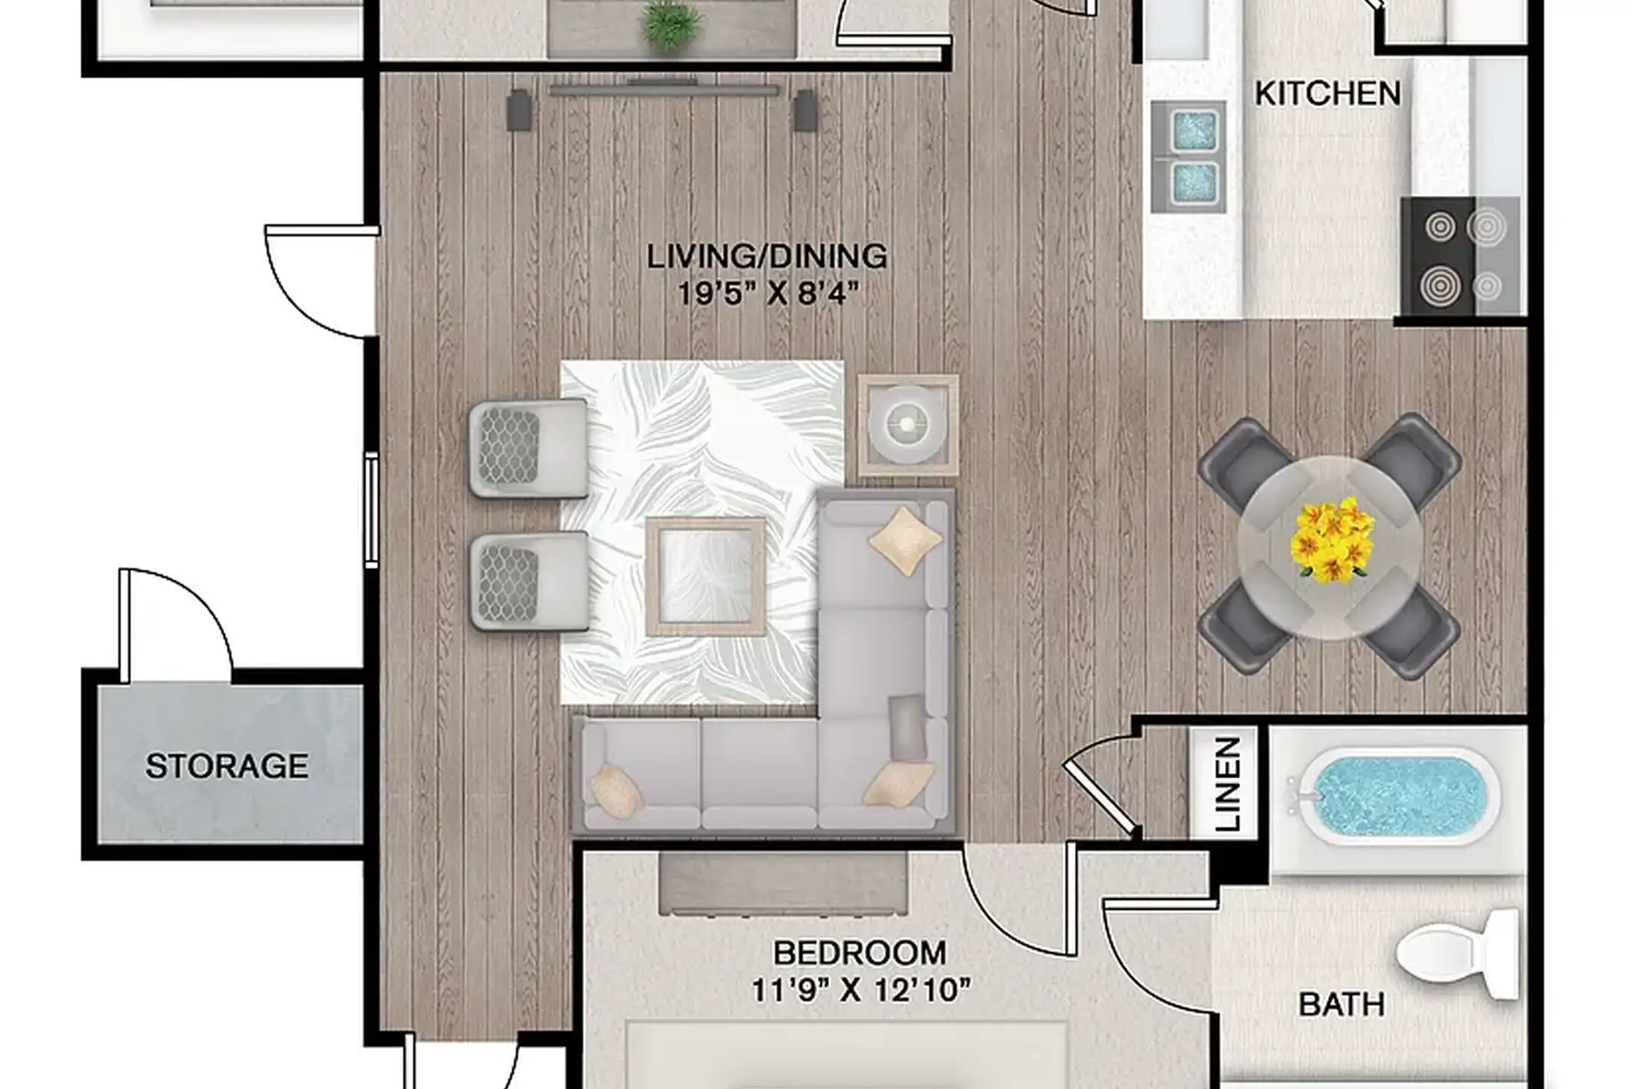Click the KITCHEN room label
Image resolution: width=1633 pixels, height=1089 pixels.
pyautogui.click(x=1328, y=94)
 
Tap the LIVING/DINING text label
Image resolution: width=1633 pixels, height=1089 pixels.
pyautogui.click(x=767, y=257)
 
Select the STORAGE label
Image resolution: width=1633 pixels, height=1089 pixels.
pyautogui.click(x=227, y=766)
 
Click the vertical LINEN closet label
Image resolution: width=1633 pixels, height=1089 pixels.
pyautogui.click(x=1228, y=784)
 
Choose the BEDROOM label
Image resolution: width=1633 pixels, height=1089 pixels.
pyautogui.click(x=860, y=954)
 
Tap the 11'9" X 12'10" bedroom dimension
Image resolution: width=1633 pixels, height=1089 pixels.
pyautogui.click(x=860, y=990)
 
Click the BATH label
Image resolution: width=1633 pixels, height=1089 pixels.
pyautogui.click(x=1341, y=1005)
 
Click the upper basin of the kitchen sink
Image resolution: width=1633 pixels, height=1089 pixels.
pyautogui.click(x=1193, y=130)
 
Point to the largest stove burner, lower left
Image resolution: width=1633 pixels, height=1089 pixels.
pyautogui.click(x=1439, y=287)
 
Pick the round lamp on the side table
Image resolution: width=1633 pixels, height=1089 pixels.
pyautogui.click(x=907, y=425)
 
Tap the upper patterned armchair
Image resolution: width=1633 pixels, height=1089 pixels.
pyautogui.click(x=527, y=448)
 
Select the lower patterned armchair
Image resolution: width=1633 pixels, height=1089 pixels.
pyautogui.click(x=528, y=581)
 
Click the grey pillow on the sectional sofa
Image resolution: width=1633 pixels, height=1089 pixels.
pyautogui.click(x=907, y=727)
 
